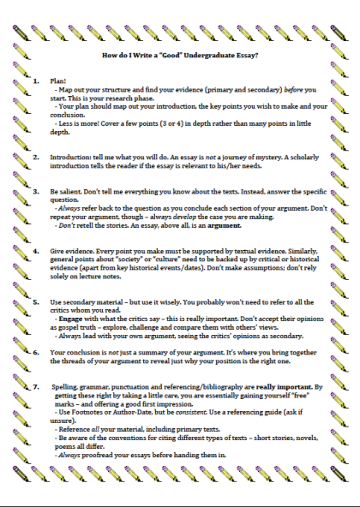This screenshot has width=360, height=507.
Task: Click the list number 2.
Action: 36,158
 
